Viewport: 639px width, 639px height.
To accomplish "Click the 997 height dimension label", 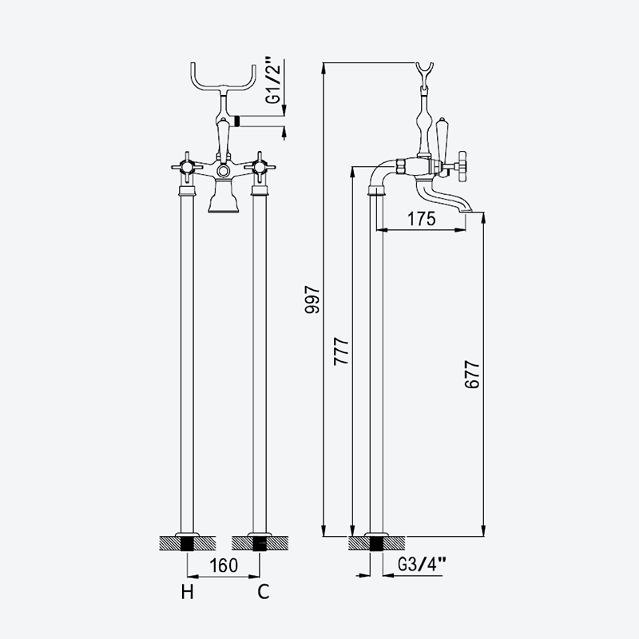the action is tap(312, 299).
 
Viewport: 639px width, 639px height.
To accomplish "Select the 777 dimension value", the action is tap(342, 351).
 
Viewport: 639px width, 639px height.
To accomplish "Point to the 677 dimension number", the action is tap(472, 374).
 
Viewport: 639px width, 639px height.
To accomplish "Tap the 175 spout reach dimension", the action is tap(422, 219).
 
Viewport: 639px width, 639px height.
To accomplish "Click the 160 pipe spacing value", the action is tap(224, 566).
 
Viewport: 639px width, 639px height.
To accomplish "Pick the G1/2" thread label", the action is tap(273, 80).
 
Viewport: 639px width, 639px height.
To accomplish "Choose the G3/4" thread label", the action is tap(422, 565).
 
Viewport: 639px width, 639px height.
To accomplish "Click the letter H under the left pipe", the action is tap(188, 592).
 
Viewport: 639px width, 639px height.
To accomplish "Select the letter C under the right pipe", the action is tap(264, 592).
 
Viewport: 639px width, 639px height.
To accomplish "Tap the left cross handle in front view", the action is tap(187, 167).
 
